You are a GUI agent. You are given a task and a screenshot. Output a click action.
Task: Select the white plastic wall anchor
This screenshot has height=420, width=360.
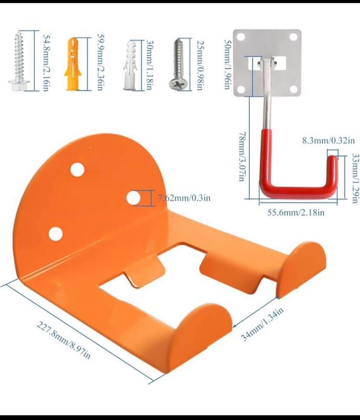(130, 65)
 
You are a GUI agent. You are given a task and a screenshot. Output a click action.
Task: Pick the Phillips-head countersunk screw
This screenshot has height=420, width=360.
(179, 64)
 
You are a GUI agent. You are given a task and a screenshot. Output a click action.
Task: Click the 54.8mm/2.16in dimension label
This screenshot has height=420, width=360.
(46, 63)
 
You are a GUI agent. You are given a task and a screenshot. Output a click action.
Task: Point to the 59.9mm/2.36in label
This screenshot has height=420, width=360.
(101, 63)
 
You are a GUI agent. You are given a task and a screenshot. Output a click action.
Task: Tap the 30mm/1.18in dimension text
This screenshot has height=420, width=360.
(149, 65)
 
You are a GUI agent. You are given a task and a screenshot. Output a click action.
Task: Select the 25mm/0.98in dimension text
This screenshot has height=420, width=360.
(200, 65)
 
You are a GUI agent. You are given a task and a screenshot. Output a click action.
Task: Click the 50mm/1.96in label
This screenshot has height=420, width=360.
(228, 65)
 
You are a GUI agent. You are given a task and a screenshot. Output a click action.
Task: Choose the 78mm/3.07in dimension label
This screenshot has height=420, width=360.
(242, 157)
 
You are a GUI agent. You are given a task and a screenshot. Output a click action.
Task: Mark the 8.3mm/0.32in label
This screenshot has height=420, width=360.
(328, 140)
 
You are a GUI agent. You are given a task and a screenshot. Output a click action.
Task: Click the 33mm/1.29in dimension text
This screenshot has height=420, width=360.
(356, 178)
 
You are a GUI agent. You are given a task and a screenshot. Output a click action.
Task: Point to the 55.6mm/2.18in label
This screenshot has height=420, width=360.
(296, 213)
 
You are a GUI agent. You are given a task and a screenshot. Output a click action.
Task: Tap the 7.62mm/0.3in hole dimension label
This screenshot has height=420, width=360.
(184, 198)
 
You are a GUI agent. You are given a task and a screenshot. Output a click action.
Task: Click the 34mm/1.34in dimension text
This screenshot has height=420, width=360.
(262, 324)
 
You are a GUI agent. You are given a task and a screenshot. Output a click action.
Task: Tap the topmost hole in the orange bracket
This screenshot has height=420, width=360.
(78, 170)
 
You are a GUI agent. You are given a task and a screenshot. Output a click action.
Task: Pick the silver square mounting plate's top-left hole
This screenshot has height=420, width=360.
(241, 37)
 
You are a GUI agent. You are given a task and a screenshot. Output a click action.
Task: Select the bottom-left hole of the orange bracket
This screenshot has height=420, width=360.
(56, 233)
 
